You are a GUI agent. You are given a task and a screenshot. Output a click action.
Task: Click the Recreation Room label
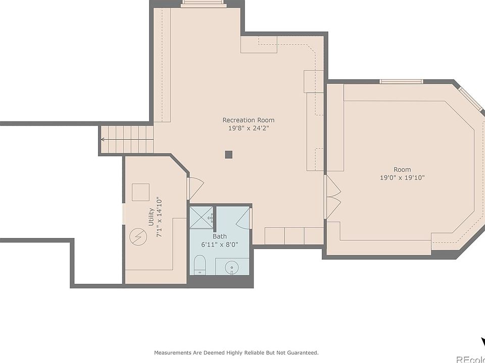[249, 120]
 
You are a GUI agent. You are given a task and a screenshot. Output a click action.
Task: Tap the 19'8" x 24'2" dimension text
[249, 128]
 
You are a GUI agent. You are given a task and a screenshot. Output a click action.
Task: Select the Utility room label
[151, 217]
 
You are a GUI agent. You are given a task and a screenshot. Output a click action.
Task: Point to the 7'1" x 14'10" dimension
[159, 217]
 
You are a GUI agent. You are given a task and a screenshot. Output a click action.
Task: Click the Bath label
[220, 236]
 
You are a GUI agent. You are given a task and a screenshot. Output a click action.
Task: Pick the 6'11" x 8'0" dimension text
[220, 245]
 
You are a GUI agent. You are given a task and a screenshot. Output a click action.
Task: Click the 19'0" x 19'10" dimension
[402, 177]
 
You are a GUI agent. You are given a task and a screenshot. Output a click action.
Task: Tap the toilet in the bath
[200, 265]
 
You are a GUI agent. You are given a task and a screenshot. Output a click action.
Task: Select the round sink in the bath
[231, 266]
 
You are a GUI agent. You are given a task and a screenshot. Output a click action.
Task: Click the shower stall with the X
[202, 217]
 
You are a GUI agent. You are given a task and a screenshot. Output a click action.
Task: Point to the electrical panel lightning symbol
[137, 237]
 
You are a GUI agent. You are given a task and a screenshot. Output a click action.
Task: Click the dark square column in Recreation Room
[228, 154]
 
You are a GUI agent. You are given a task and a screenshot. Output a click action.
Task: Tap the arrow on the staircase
[127, 140]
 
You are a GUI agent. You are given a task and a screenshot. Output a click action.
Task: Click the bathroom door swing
[243, 218]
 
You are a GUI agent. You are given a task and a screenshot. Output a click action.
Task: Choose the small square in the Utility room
[141, 192]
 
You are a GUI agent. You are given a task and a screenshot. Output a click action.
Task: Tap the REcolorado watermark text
[471, 360]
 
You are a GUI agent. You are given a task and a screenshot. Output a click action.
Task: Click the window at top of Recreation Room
[203, 4]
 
